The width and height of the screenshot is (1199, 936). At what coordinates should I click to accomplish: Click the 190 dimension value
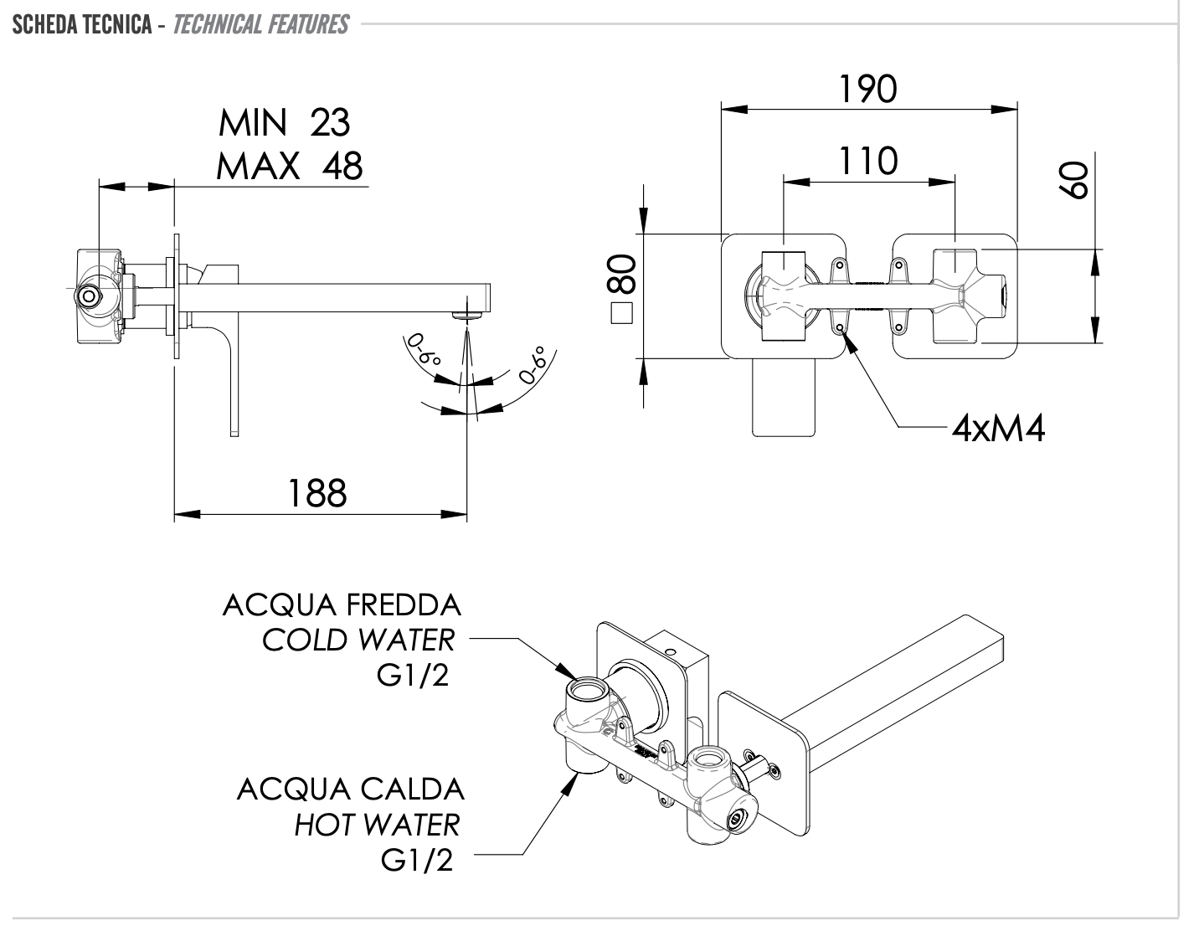868,90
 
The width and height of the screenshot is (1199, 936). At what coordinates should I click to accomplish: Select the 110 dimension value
868,161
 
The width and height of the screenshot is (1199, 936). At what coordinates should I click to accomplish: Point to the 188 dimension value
317,493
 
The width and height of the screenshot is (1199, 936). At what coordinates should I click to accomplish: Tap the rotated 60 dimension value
1074,180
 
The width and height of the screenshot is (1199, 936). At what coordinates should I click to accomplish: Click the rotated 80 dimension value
624,275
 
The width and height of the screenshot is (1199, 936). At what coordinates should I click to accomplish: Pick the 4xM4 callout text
999,429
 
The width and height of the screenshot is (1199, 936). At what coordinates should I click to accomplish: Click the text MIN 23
284,123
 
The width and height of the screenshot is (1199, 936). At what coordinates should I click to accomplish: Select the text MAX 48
290,166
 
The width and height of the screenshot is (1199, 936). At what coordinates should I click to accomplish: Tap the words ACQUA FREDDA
342,604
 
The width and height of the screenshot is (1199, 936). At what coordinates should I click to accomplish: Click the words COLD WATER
358,640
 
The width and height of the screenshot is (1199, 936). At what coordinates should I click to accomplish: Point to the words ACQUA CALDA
350,789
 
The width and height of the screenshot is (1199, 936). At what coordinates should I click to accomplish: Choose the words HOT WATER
377,825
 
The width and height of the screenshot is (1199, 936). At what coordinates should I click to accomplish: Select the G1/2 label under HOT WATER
417,860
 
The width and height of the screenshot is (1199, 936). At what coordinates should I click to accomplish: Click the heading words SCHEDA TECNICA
80,24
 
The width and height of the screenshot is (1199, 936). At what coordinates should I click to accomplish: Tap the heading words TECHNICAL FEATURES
260,24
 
